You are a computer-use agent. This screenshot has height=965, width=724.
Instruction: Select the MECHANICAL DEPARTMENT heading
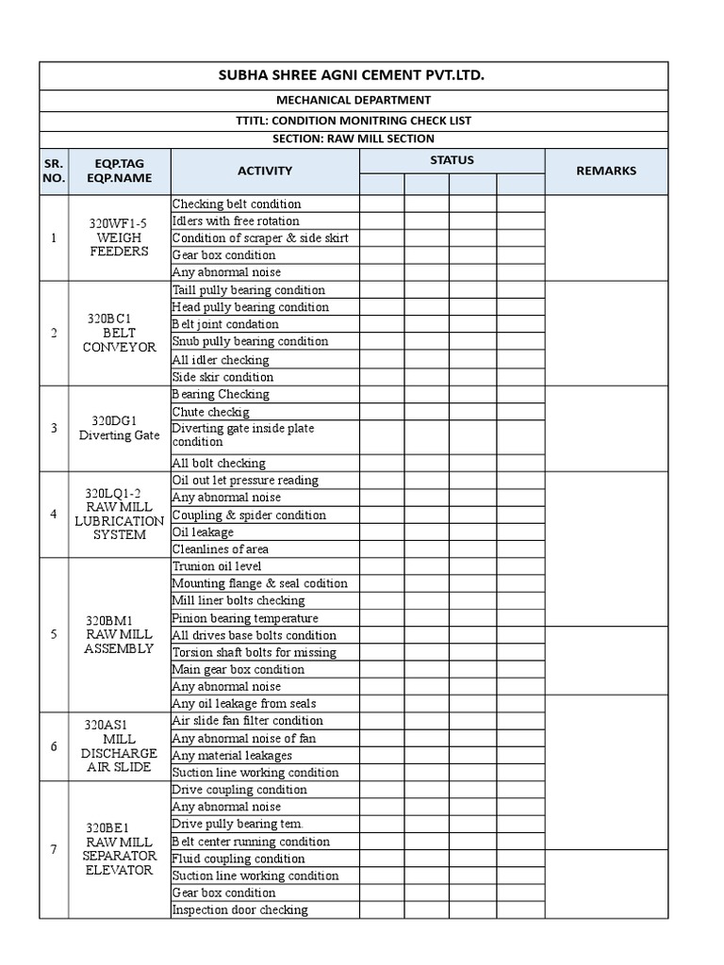354,100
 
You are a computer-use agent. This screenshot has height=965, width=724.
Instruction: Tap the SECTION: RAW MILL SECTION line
354,139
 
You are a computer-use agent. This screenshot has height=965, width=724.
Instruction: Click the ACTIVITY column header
265,171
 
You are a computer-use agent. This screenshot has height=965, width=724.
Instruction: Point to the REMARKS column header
606,171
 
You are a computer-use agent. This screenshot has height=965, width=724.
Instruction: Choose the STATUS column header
452,160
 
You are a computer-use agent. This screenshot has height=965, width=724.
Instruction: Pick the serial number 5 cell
54,634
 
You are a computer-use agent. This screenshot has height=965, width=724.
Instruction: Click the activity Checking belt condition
237,204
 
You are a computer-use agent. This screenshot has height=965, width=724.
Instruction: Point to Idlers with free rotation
236,221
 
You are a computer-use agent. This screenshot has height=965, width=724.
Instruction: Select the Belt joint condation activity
225,324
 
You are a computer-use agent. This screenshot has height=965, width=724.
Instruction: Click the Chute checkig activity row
210,412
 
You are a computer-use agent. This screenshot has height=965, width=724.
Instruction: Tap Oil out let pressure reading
245,480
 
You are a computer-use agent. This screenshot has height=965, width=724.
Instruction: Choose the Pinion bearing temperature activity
245,618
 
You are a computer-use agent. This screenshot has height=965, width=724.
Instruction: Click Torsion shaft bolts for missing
254,652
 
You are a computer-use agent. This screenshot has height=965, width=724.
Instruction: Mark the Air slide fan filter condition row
247,721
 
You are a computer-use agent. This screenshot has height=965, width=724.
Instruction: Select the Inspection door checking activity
239,909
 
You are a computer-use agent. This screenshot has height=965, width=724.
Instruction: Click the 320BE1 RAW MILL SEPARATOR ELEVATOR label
119,849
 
